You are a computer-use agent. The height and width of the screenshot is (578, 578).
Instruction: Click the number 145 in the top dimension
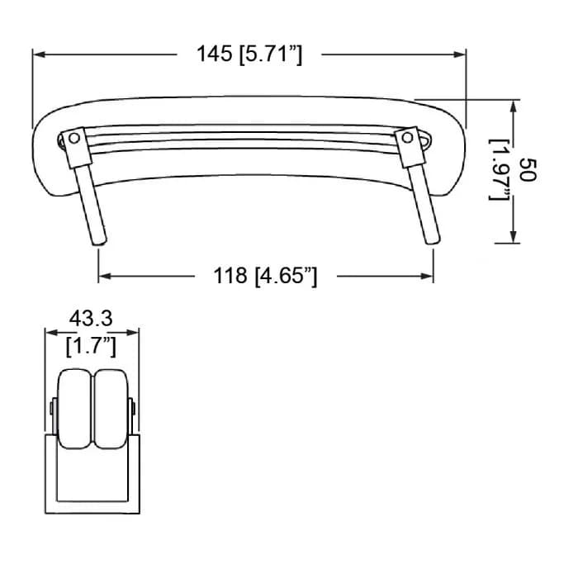[214, 54]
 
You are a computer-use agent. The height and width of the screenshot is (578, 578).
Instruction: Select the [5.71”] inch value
[271, 54]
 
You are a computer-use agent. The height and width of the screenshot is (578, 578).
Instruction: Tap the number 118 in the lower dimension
[230, 275]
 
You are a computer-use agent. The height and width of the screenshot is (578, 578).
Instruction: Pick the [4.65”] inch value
[286, 277]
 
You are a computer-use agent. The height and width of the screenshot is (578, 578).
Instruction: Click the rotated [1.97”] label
[499, 170]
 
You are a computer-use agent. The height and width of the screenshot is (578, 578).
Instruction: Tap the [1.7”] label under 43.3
[91, 347]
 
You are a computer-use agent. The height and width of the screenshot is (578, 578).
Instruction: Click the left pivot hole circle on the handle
[74, 138]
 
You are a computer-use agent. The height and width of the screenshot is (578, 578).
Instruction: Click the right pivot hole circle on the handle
[407, 138]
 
